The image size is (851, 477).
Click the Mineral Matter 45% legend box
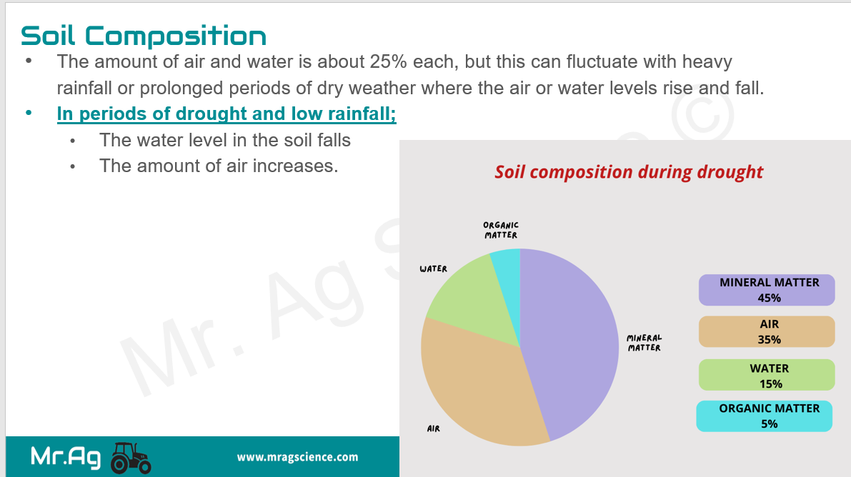click(x=767, y=290)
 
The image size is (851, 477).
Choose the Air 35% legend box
click(x=767, y=331)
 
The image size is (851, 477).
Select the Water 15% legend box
click(x=767, y=375)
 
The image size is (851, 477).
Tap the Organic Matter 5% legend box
click(x=764, y=416)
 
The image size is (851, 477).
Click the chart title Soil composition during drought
click(x=629, y=172)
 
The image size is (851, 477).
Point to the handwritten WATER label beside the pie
click(x=433, y=268)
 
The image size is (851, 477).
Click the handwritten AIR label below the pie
click(x=433, y=428)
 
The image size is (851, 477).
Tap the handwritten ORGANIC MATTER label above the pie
click(x=501, y=230)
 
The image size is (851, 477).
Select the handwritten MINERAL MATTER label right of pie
click(x=645, y=343)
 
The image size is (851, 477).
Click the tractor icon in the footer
click(x=131, y=458)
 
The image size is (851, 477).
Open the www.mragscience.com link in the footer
click(x=297, y=457)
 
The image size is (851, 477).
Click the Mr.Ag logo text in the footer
click(x=66, y=457)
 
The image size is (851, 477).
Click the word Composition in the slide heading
click(x=175, y=36)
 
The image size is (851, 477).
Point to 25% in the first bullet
click(x=389, y=62)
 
